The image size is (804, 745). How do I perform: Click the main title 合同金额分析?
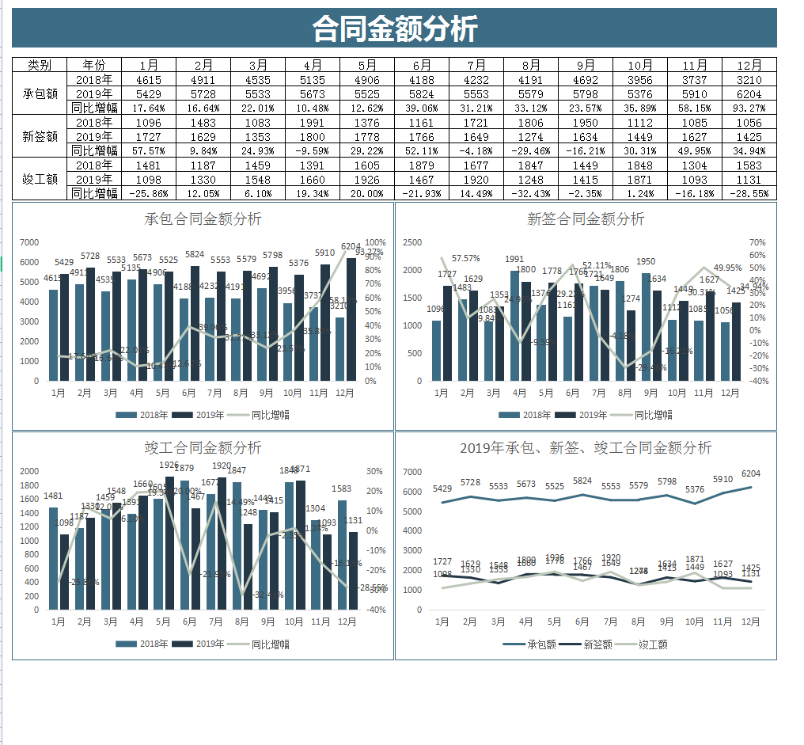(x=395, y=29)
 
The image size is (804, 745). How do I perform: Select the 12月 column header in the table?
(x=749, y=65)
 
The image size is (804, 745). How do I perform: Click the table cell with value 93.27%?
(x=749, y=108)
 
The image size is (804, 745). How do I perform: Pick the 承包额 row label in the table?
(x=40, y=93)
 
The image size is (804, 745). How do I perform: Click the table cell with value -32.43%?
(x=531, y=193)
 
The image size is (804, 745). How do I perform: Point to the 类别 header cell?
(x=40, y=65)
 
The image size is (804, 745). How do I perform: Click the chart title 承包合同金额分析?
(x=203, y=219)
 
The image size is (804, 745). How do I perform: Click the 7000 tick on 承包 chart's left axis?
(x=29, y=242)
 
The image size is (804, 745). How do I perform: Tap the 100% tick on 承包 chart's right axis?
(x=375, y=242)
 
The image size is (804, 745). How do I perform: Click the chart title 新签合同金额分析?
(x=586, y=219)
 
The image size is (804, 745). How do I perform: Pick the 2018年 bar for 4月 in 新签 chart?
(x=514, y=325)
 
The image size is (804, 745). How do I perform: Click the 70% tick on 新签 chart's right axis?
(x=757, y=242)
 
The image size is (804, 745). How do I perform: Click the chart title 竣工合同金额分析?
(x=203, y=448)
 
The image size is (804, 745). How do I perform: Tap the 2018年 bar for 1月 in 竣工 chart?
(x=53, y=558)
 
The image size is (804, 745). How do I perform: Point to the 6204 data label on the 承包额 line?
(x=751, y=474)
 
